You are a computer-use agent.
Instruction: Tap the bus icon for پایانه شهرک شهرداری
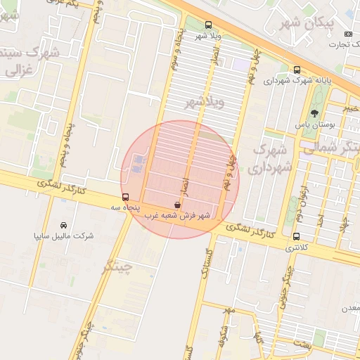[x=297, y=70]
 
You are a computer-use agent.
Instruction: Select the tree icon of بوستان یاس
[x=314, y=113]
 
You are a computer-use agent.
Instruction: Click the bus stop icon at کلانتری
[x=296, y=237]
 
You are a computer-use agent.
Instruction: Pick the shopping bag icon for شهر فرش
[x=176, y=205]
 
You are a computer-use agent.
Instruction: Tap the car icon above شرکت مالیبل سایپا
[x=73, y=224]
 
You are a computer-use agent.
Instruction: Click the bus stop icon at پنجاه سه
[x=126, y=197]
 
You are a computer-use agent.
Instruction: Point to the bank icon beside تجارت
[x=347, y=34]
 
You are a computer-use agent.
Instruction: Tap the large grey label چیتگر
[x=117, y=266]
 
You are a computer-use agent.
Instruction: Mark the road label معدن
[x=349, y=309]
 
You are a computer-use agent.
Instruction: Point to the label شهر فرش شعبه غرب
[x=178, y=216]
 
